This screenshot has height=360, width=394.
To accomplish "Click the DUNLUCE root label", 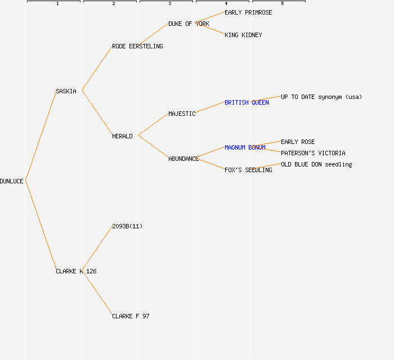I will [12, 181].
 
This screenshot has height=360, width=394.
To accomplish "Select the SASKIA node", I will [66, 91].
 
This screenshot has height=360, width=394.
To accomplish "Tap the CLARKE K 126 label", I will [76, 271].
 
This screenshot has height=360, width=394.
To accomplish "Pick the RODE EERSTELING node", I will [137, 46].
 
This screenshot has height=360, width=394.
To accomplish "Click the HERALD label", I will [122, 136].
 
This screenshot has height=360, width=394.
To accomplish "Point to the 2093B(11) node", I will [127, 226].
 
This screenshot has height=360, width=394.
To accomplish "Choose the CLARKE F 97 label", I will [131, 316].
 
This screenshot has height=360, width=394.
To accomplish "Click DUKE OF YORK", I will [189, 24].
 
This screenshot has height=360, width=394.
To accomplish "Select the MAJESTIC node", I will [182, 114].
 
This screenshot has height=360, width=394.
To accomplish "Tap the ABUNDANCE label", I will [183, 159].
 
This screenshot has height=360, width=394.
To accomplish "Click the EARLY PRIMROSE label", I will [248, 12].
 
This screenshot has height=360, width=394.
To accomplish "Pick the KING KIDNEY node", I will [243, 35].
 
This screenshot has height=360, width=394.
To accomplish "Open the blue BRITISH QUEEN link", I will [247, 102].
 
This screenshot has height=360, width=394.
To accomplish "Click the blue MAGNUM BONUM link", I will [245, 147].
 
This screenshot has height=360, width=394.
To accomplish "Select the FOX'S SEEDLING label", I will [248, 170].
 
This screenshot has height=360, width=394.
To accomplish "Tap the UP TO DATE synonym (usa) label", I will [321, 97].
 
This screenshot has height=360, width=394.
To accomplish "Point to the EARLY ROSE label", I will [298, 142].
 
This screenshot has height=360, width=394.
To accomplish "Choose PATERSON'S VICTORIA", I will [313, 153].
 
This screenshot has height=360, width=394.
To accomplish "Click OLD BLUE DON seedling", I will [316, 164].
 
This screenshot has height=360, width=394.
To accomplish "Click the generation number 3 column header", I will [169, 4].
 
